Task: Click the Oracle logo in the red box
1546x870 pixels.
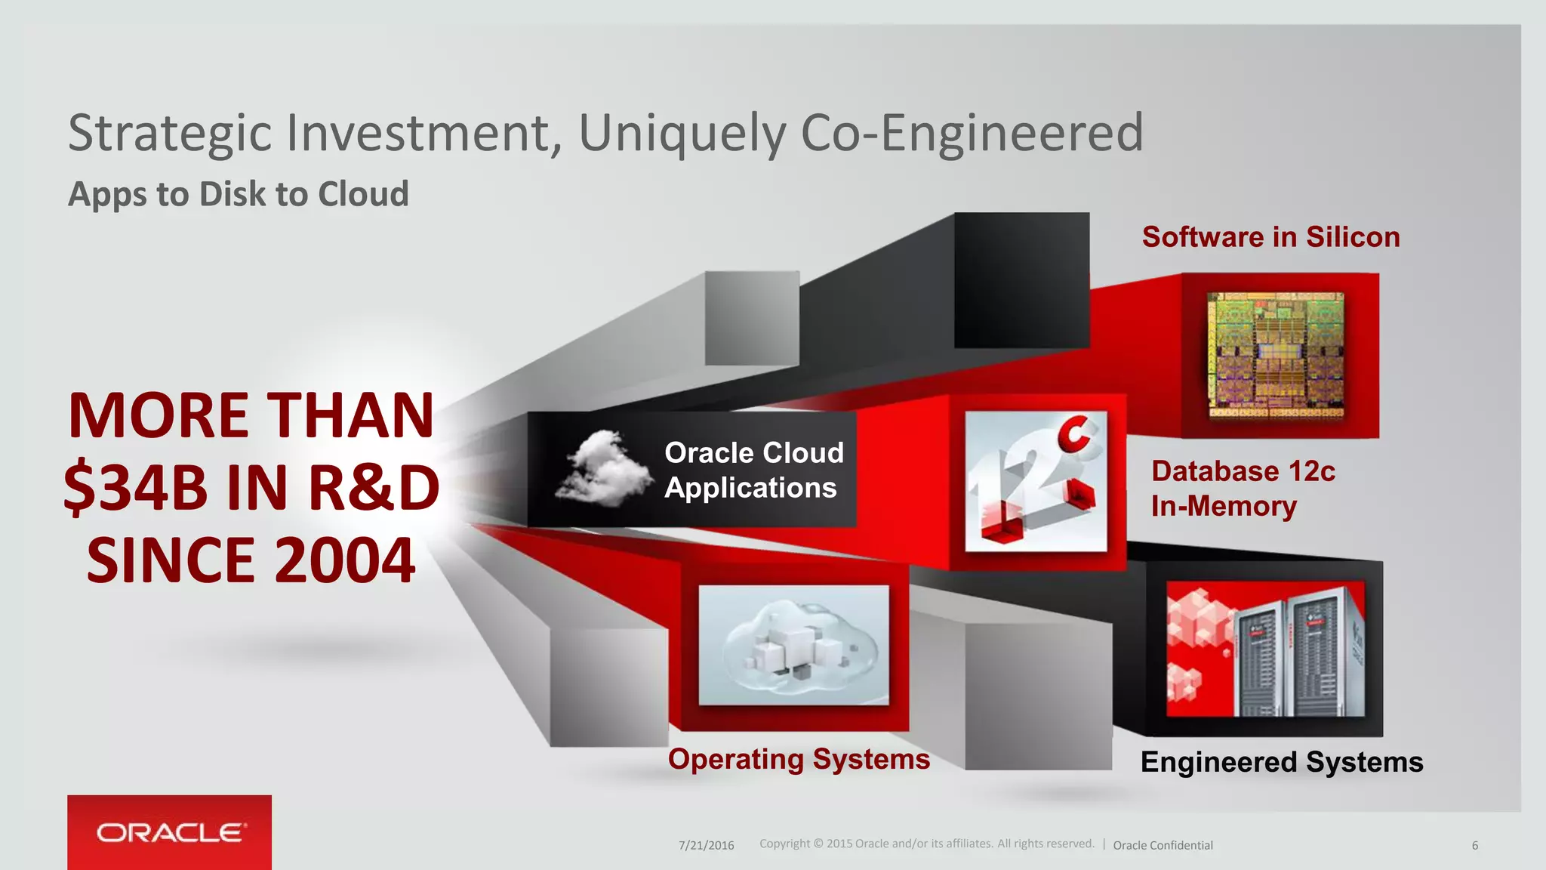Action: (x=171, y=833)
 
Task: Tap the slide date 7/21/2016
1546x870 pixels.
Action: (x=706, y=845)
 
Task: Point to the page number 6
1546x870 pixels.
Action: (x=1474, y=845)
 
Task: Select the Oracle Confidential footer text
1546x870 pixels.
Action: (x=1163, y=845)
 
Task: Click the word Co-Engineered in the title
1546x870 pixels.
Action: (x=972, y=134)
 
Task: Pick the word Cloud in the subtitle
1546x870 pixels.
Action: (x=363, y=194)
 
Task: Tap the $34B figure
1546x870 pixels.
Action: (x=136, y=488)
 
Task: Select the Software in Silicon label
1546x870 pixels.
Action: (x=1270, y=237)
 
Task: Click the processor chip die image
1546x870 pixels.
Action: (x=1276, y=355)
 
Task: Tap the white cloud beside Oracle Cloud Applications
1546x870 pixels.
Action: (x=603, y=468)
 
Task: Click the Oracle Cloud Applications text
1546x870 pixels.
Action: (x=753, y=470)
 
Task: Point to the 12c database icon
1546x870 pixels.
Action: (x=1036, y=481)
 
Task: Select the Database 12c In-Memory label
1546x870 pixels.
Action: (x=1242, y=489)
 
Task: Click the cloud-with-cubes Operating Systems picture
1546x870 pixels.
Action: (x=793, y=645)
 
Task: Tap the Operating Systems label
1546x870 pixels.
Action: (x=799, y=759)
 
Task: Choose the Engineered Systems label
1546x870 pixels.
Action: (x=1281, y=762)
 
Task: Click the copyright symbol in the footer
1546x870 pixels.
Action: (x=818, y=844)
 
